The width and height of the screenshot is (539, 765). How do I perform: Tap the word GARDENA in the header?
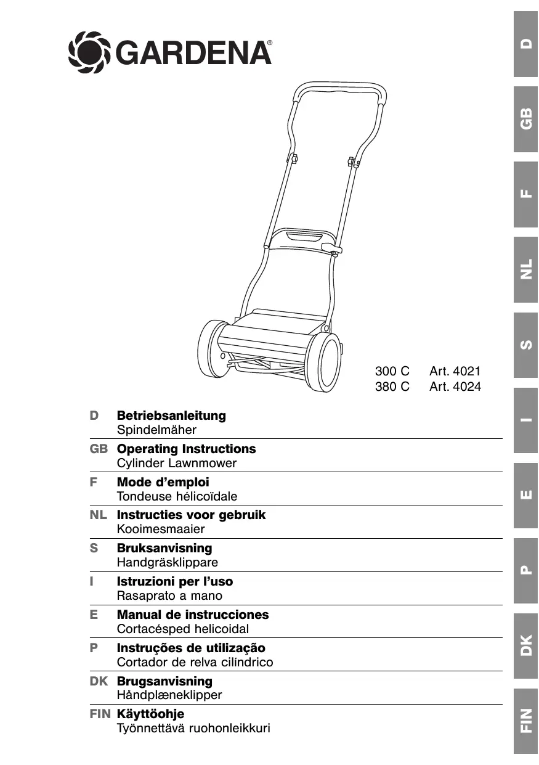pos(193,53)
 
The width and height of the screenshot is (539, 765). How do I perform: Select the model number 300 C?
pos(392,372)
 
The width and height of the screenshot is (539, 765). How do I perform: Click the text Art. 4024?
pos(455,387)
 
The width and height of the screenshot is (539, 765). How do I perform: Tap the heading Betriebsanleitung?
pos(171,415)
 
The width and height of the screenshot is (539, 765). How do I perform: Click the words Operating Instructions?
pos(186,449)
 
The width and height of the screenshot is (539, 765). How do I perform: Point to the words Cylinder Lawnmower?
pos(176,464)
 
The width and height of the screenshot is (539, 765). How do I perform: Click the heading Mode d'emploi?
pos(163,482)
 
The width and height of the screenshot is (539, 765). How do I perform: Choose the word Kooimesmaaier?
pos(160,530)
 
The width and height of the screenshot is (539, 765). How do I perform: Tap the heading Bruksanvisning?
pos(164,548)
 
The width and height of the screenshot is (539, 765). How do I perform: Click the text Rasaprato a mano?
pos(169,596)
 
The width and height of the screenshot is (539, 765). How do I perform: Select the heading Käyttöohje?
pos(150,714)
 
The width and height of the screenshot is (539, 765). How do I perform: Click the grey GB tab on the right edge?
pos(525,120)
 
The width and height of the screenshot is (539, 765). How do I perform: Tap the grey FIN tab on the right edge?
pos(525,720)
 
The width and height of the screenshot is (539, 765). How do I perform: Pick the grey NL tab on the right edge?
pos(525,270)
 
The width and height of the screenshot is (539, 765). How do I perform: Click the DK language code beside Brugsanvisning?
pos(99,681)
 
